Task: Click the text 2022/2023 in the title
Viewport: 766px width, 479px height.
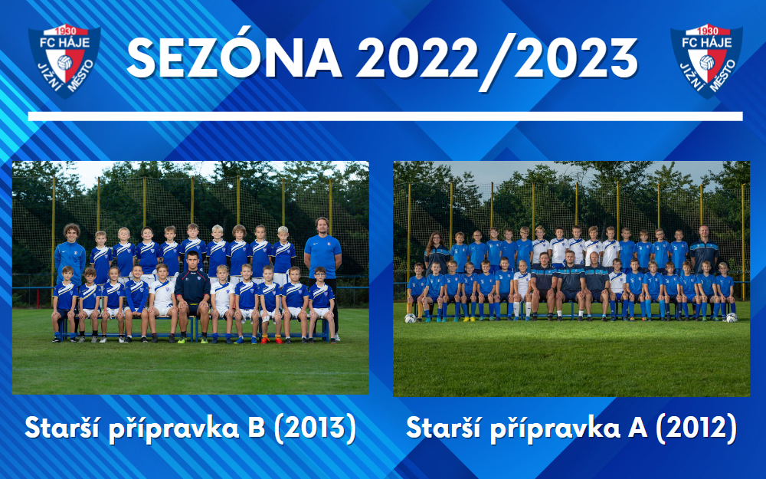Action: point(498,57)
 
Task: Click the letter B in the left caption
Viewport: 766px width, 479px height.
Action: point(257,428)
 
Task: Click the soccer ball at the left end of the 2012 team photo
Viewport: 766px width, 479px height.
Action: point(411,317)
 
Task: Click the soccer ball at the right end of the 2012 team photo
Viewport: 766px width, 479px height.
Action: point(731,317)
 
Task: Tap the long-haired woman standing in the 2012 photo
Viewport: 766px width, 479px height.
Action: point(435,253)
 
